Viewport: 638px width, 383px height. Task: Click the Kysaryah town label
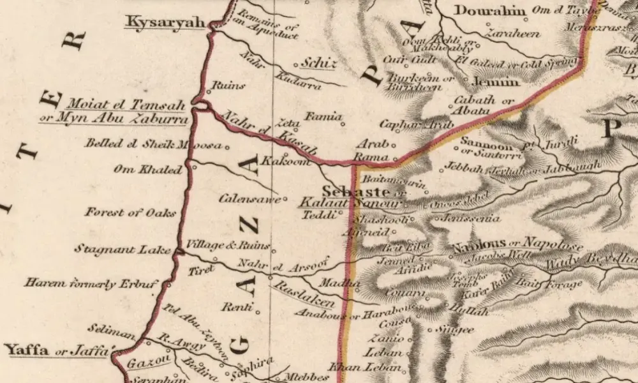[x=164, y=22]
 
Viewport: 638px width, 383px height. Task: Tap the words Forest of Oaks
[x=130, y=213]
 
